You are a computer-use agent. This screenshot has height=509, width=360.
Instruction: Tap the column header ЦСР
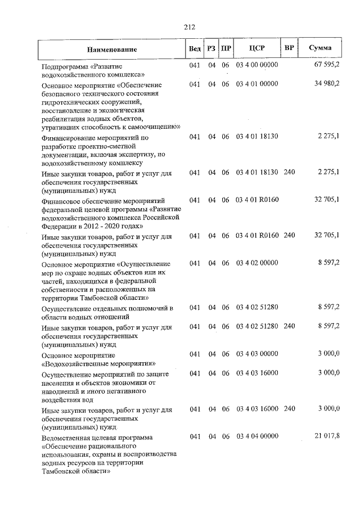(x=256, y=48)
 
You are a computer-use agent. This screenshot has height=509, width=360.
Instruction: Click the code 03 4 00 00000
(x=257, y=65)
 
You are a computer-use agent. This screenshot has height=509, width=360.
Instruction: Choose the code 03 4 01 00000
(x=257, y=84)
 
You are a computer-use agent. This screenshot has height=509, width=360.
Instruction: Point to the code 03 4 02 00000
(x=257, y=263)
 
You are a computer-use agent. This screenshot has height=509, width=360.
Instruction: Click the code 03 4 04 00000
(x=257, y=436)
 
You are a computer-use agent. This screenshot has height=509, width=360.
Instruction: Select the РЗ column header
(x=211, y=48)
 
